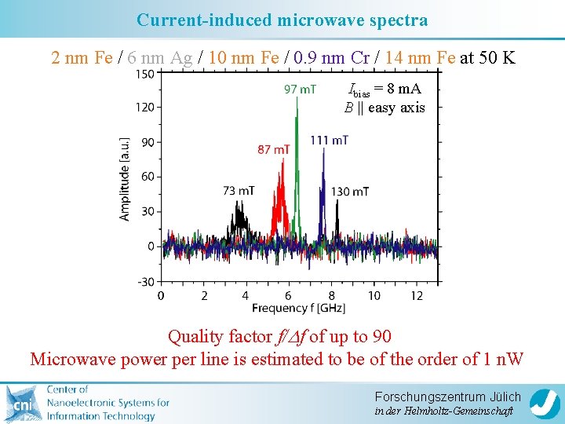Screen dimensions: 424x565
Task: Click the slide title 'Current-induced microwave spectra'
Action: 282,20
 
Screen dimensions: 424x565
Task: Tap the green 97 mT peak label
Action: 300,90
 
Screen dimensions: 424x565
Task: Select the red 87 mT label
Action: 273,149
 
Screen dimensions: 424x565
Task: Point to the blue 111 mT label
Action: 329,140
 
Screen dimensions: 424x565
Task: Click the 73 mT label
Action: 239,191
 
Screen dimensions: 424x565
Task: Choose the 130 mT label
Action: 350,192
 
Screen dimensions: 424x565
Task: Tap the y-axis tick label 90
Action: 146,142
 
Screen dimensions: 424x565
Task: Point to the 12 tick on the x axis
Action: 417,295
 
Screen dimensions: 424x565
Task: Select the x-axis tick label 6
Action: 289,295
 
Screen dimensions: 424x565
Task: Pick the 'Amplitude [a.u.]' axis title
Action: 125,177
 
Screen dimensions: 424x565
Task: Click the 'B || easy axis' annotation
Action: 385,108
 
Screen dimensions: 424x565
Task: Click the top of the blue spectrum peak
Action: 323,149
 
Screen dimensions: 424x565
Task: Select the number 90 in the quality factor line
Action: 381,337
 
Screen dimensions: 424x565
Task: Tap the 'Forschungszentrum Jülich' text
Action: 447,397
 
